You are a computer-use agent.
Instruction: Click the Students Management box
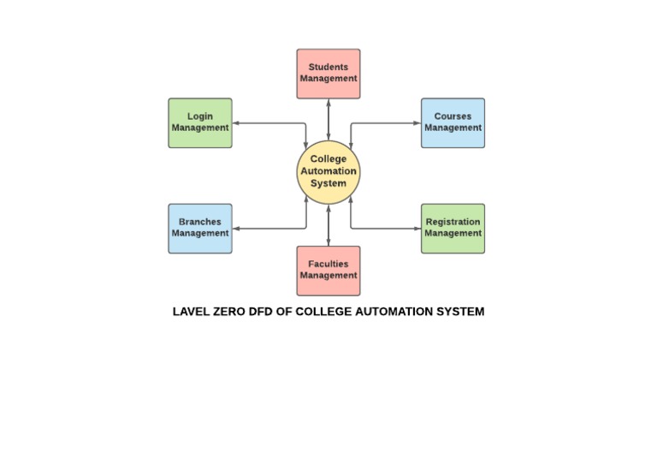[x=328, y=74]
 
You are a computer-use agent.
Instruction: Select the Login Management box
[x=200, y=122]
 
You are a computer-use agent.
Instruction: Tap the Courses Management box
[x=453, y=122]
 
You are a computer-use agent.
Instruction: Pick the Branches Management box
[x=200, y=229]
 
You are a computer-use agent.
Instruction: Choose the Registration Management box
[x=453, y=229]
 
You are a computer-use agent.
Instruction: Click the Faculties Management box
[x=328, y=271]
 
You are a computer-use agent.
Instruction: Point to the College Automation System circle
[x=328, y=171]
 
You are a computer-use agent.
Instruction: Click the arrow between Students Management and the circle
[x=328, y=120]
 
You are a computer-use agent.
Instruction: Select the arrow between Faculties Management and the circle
[x=328, y=225]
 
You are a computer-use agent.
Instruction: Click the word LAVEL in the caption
[x=190, y=312]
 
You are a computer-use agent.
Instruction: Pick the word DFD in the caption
[x=260, y=312]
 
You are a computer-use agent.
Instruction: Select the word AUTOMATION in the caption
[x=392, y=312]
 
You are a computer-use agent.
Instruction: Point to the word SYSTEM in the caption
[x=460, y=312]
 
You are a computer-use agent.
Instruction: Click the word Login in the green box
[x=200, y=116]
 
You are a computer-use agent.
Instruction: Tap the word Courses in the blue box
[x=453, y=116]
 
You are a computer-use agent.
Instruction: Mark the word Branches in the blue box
[x=200, y=223]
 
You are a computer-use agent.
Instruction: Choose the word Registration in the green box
[x=453, y=223]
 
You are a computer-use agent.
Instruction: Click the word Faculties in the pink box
[x=328, y=265]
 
